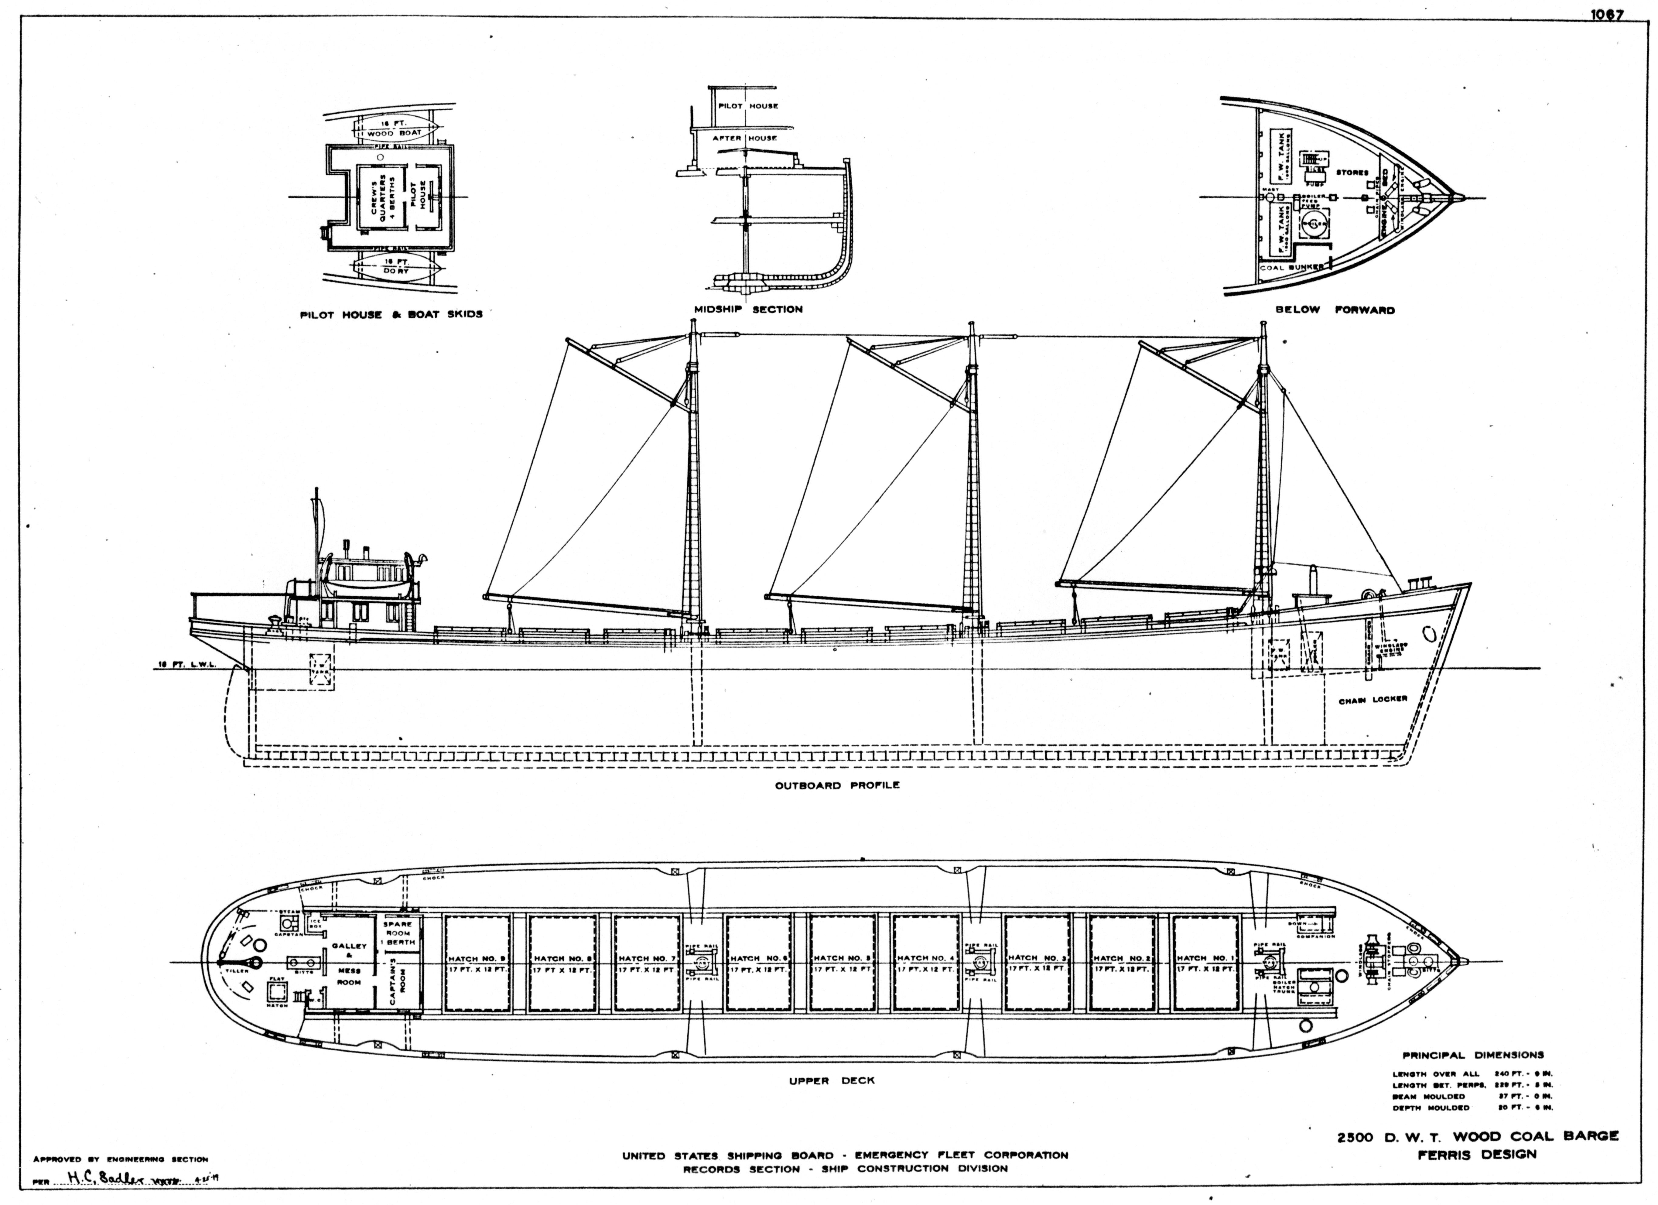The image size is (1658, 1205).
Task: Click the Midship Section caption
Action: (749, 309)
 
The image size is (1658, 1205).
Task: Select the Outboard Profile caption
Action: (837, 785)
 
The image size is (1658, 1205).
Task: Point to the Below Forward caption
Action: (1335, 310)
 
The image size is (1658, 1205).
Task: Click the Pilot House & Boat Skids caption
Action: (391, 314)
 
